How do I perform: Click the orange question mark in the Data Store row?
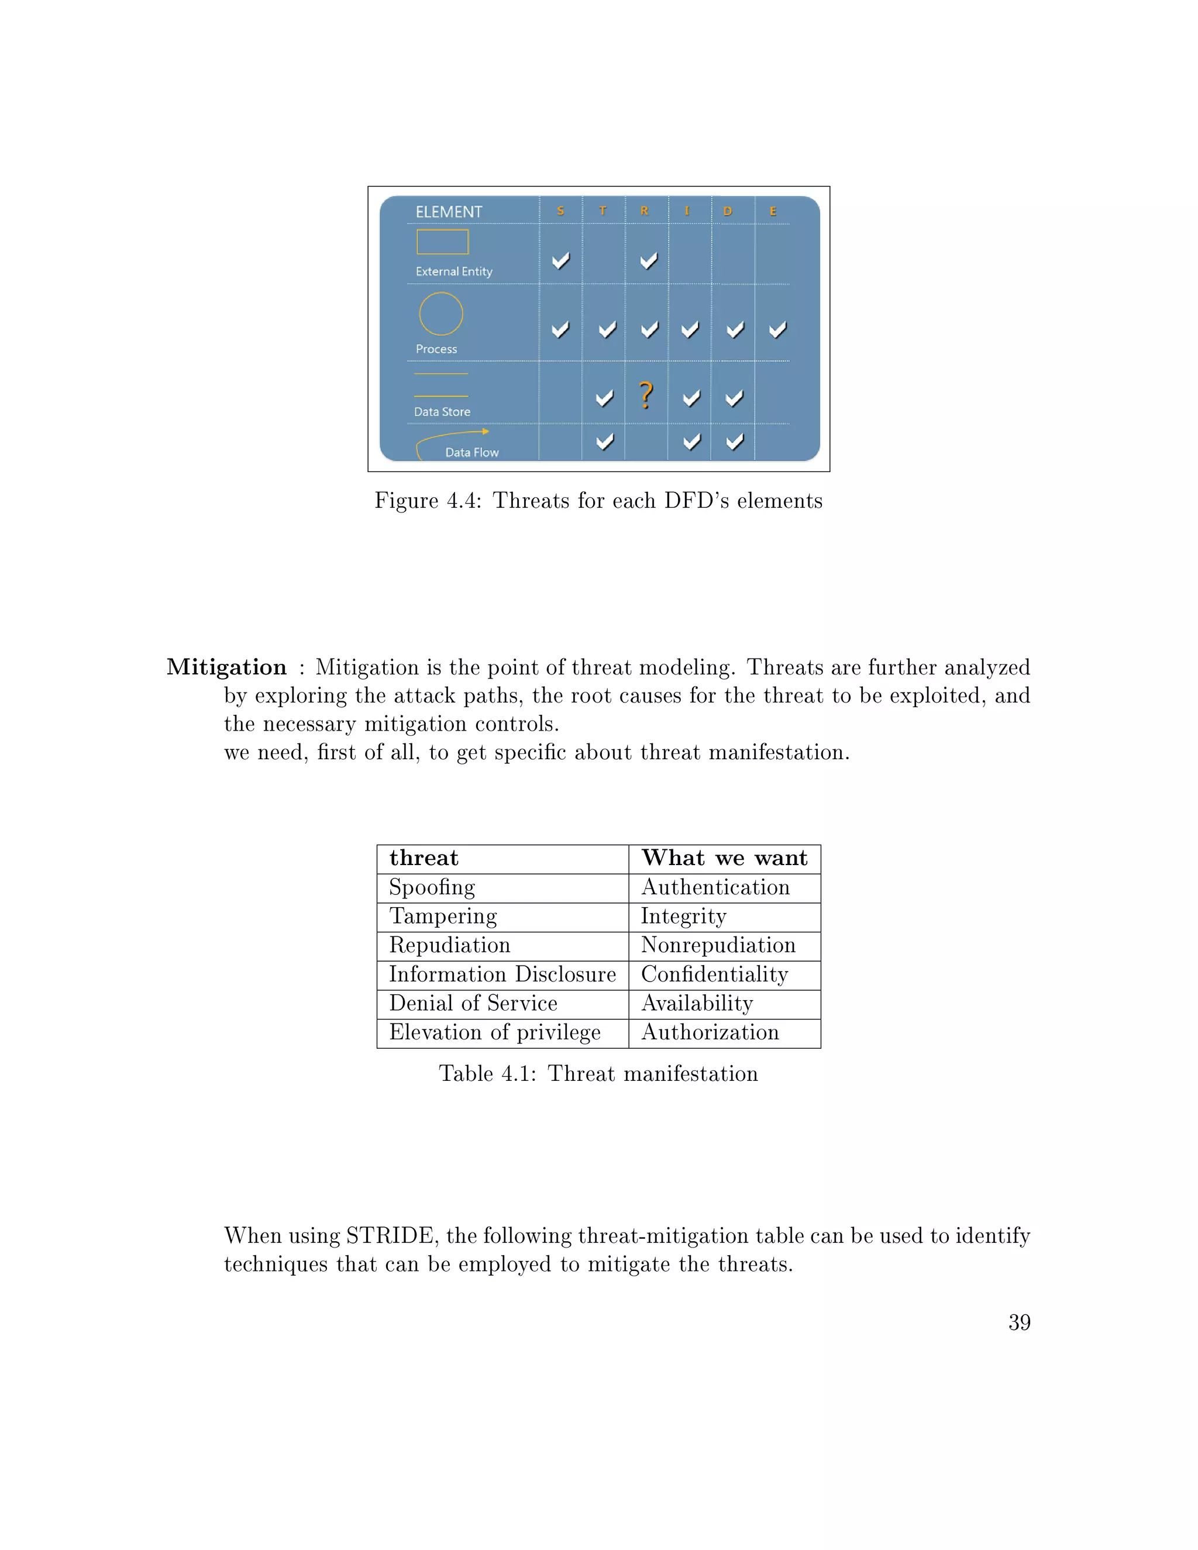[x=645, y=395]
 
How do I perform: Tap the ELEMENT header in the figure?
[x=449, y=212]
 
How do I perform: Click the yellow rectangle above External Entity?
[x=442, y=242]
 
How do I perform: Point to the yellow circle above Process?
[x=440, y=314]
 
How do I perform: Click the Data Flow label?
[x=471, y=452]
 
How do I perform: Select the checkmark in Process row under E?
[x=778, y=329]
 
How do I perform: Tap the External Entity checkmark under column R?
[x=648, y=260]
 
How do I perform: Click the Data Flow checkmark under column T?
[x=605, y=442]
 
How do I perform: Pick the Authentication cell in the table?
[x=715, y=887]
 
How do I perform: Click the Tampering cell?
[x=443, y=916]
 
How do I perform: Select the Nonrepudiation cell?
[x=718, y=945]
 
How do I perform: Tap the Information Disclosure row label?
[x=502, y=974]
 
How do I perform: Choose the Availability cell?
[x=697, y=1004]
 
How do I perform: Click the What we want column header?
[x=724, y=858]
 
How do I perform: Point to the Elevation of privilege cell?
[x=495, y=1032]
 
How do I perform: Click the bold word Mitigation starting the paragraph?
[x=226, y=667]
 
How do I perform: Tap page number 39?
[x=1019, y=1322]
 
